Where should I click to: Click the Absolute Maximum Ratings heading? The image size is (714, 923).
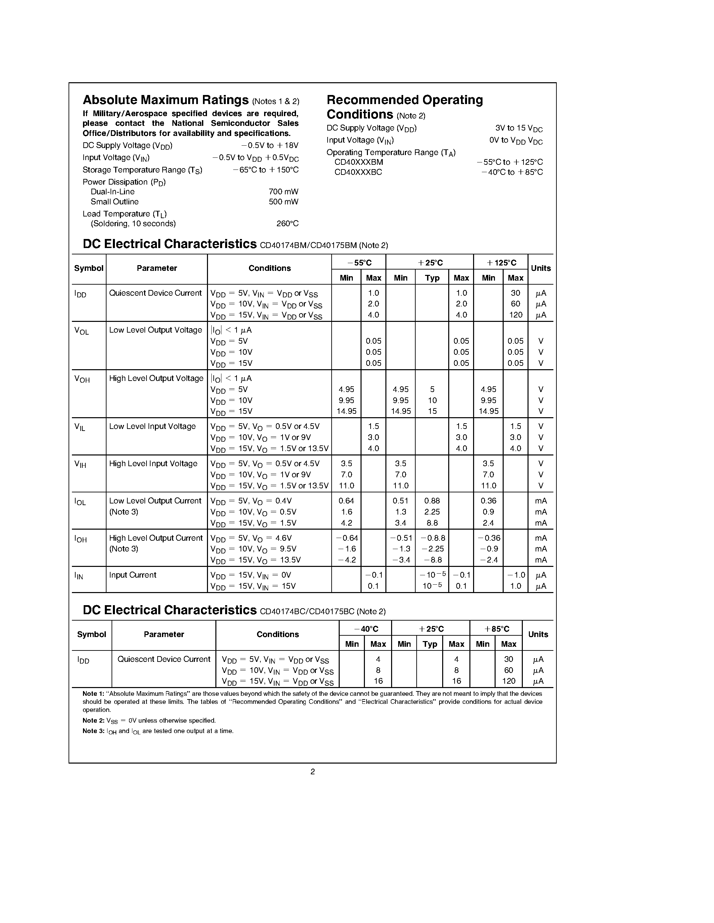165,100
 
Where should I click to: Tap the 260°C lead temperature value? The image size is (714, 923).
287,224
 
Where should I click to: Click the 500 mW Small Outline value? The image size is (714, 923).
283,202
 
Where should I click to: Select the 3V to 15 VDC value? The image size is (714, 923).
518,129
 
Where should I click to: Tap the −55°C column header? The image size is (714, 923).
359,263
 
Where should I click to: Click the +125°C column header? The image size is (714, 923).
501,263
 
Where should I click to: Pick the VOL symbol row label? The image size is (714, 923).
81,331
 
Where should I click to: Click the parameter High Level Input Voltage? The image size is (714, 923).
153,464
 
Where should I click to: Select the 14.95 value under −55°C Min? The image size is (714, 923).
346,411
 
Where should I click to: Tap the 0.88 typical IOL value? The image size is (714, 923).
432,501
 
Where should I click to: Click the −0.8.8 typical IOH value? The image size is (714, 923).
432,538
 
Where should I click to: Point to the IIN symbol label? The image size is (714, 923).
79,576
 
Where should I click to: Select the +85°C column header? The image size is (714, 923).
497,629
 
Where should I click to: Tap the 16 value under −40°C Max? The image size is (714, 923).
378,681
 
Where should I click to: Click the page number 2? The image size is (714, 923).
312,772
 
